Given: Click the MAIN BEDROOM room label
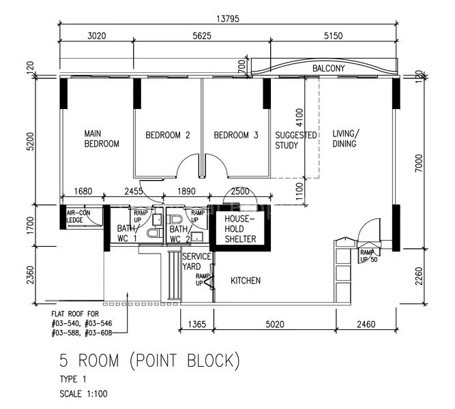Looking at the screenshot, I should [x=102, y=138].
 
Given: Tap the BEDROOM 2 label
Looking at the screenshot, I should [x=167, y=135].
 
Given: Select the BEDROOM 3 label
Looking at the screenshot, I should [x=236, y=135].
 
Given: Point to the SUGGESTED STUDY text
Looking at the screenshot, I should [x=295, y=140].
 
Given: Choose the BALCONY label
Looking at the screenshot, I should [x=328, y=69].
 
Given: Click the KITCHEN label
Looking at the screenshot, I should [x=245, y=281].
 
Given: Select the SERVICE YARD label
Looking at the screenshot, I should [x=196, y=261].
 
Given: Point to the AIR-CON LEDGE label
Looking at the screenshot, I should [x=79, y=216].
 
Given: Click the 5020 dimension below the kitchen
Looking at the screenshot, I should [x=275, y=325].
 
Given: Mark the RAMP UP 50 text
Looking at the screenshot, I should [x=370, y=256].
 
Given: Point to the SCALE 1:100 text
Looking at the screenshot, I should [x=83, y=393].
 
